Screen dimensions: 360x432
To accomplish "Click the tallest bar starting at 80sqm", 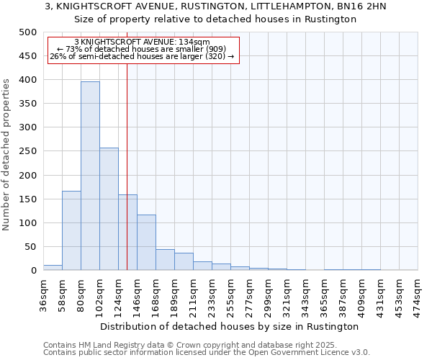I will pyautogui.click(x=90, y=176).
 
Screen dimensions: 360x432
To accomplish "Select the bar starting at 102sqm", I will pyautogui.click(x=109, y=209).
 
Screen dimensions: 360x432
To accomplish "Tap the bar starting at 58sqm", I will pyautogui.click(x=71, y=230).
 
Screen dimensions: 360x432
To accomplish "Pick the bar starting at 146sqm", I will pyautogui.click(x=146, y=243).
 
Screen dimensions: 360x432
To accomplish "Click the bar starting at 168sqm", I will pyautogui.click(x=165, y=260).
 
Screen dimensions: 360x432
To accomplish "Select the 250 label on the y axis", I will pyautogui.click(x=27, y=151).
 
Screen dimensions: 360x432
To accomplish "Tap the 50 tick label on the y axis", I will pyautogui.click(x=30, y=247).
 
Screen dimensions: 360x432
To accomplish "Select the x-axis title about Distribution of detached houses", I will pyautogui.click(x=230, y=326).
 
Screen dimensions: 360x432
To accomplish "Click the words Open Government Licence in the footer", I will pyautogui.click(x=296, y=352).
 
